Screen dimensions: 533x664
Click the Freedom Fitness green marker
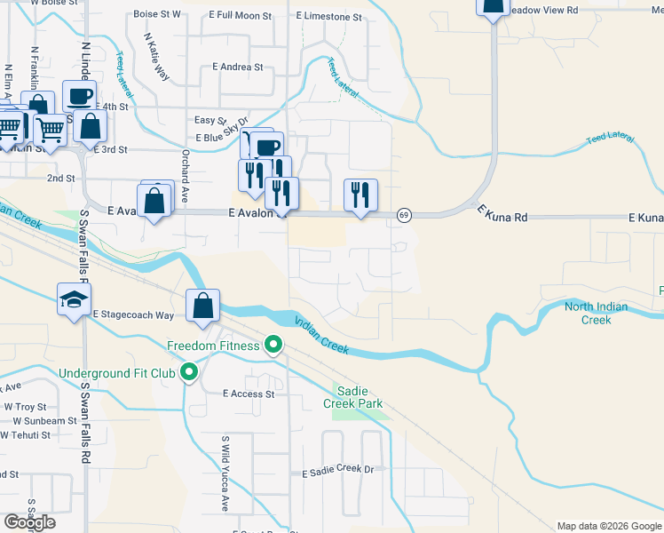(273, 345)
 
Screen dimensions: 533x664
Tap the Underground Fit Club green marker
(188, 372)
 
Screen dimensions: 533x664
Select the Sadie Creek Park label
(360, 397)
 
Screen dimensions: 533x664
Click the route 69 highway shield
(404, 216)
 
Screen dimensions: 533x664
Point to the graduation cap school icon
(75, 300)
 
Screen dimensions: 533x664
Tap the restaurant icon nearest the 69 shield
(360, 195)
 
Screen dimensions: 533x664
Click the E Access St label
(249, 394)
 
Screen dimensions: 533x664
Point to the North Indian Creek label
(597, 314)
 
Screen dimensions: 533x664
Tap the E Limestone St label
(329, 16)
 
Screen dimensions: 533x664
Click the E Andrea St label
(237, 67)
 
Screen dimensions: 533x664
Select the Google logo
(29, 522)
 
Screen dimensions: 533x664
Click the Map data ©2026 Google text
(608, 526)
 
